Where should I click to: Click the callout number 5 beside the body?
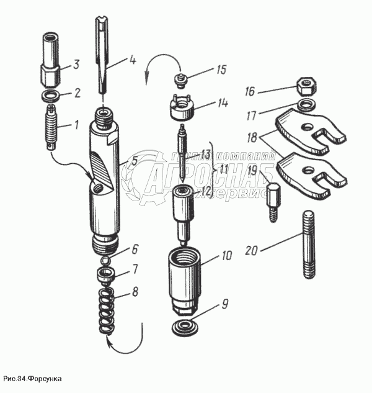click(x=133, y=162)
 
